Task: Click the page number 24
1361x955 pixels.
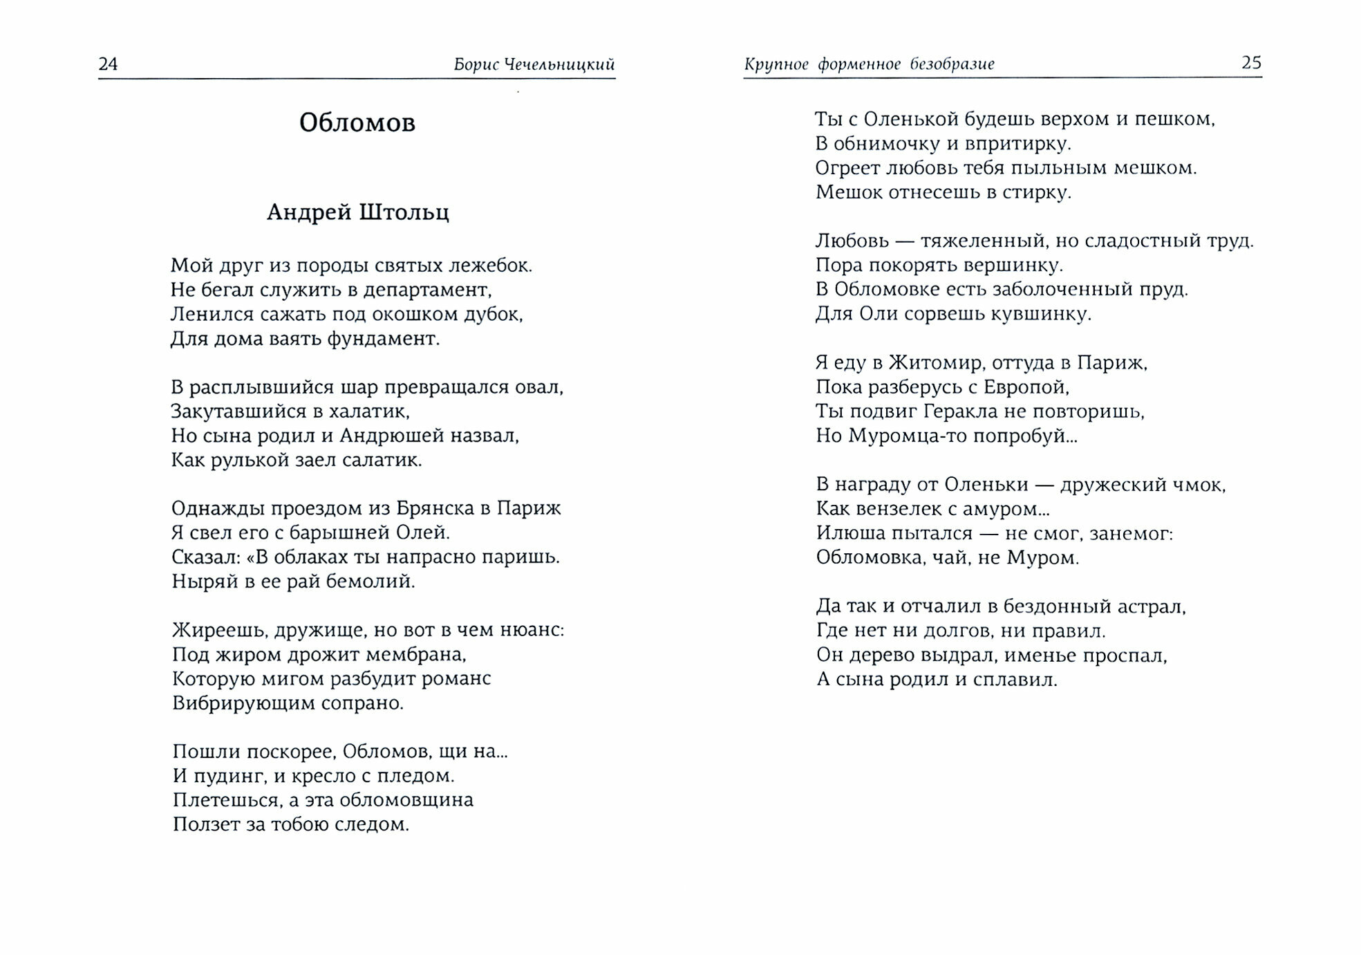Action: pyautogui.click(x=109, y=64)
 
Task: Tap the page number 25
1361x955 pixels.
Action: pyautogui.click(x=1251, y=63)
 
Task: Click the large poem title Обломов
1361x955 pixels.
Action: pyautogui.click(x=357, y=123)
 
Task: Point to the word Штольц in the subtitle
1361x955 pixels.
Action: pyautogui.click(x=404, y=212)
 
